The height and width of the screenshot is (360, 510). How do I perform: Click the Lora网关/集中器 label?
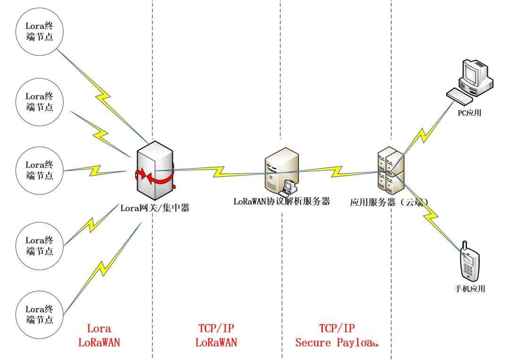click(155, 207)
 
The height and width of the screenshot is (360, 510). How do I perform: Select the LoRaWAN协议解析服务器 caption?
click(281, 201)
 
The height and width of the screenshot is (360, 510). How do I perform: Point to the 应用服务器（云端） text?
click(390, 202)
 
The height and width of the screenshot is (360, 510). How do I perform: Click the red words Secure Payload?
click(337, 343)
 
